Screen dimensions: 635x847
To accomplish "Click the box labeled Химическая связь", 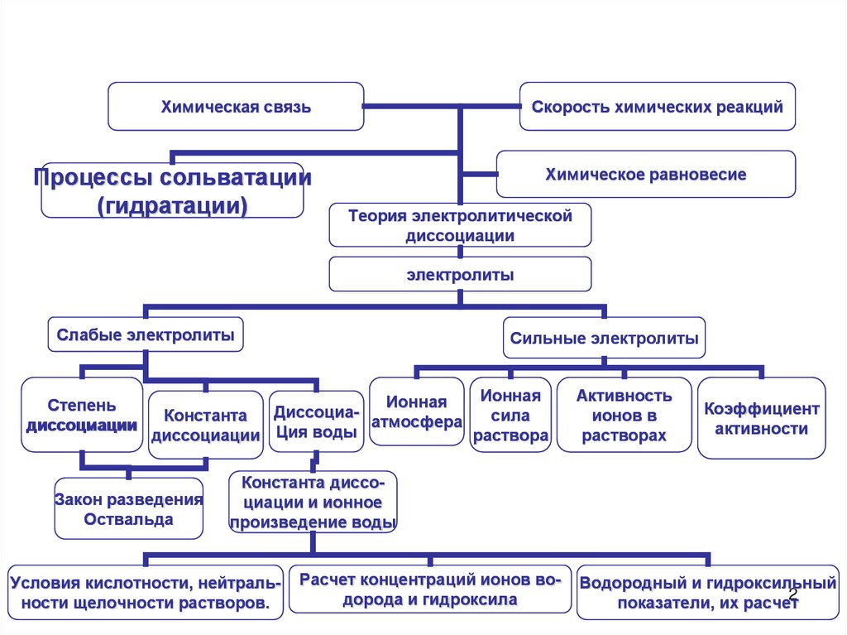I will tap(236, 107).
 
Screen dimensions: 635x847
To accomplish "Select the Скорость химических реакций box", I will tap(658, 107).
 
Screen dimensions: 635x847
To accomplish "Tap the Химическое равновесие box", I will tap(645, 175).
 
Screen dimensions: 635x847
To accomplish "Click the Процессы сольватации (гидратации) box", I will tap(172, 190).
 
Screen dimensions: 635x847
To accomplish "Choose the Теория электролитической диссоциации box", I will tap(460, 225).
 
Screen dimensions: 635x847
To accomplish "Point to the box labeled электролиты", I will tap(460, 274).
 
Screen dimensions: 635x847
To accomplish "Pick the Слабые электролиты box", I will tap(145, 335).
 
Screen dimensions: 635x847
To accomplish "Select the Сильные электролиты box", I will tap(604, 338).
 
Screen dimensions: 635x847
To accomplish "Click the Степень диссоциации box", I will tap(82, 415).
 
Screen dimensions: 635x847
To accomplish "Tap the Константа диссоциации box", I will tap(206, 424).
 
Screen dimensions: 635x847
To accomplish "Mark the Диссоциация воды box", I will tap(315, 421).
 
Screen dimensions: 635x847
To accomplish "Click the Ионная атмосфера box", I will tap(416, 411).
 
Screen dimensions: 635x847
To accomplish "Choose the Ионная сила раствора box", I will tap(510, 415).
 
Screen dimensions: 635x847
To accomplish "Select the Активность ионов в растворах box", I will tap(624, 415).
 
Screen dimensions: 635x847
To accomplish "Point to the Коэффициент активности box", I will tap(761, 418).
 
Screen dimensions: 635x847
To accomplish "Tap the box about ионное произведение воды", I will tap(313, 502).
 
